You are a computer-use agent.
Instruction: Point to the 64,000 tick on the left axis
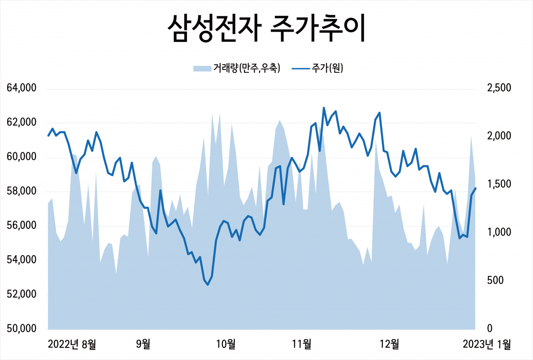[x=22, y=89]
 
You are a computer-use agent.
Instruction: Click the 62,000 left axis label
[x=22, y=123]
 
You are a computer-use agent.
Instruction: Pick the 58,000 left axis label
[x=22, y=192]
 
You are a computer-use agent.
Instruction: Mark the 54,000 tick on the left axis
[x=22, y=261]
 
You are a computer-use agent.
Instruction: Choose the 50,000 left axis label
[x=22, y=329]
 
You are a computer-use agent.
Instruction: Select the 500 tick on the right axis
[x=496, y=281]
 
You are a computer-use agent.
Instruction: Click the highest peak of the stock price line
[x=324, y=108]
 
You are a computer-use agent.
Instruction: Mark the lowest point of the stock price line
[x=208, y=285]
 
